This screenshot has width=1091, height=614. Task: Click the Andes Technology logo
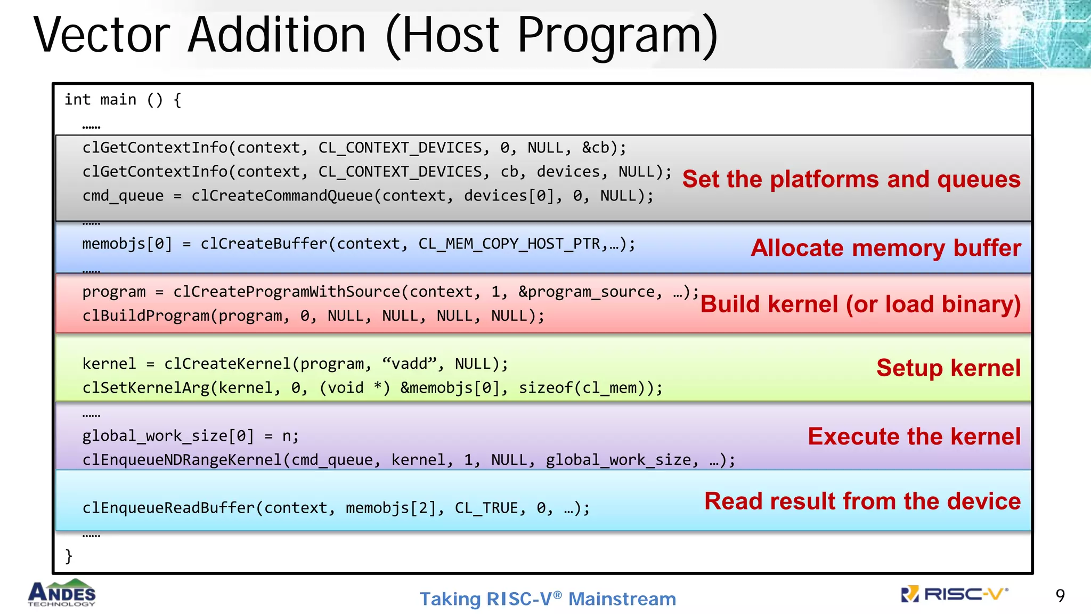[62, 593]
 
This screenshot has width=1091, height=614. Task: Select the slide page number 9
[1060, 595]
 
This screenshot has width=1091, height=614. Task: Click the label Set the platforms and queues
[851, 179]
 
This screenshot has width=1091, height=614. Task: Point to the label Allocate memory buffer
[885, 248]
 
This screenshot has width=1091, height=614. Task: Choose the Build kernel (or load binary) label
[860, 304]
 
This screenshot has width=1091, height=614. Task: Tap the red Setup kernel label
[948, 368]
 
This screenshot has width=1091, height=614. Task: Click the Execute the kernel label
[914, 436]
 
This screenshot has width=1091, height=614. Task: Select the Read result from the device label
[862, 501]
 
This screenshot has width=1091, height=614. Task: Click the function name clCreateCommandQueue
[282, 196]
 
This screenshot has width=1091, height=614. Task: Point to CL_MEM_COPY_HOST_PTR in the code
[509, 244]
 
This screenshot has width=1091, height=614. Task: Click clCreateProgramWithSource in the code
[287, 292]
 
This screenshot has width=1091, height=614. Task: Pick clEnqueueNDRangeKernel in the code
[182, 460]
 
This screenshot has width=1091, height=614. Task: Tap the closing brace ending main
[69, 556]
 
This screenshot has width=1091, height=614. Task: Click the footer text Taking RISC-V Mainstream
[548, 599]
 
